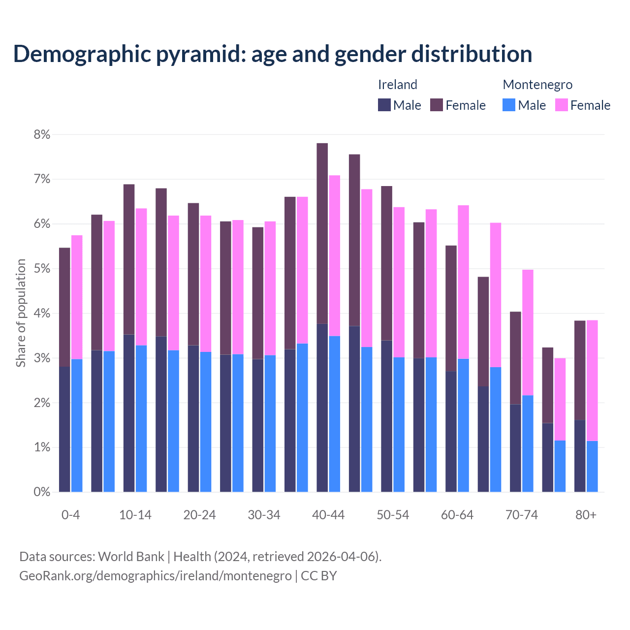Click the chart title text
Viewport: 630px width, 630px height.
click(272, 54)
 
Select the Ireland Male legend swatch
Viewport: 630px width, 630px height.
click(384, 105)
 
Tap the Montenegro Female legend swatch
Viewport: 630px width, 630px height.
click(561, 105)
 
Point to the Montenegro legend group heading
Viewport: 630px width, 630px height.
click(537, 85)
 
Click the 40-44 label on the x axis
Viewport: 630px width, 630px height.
click(328, 515)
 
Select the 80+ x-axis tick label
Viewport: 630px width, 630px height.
click(586, 515)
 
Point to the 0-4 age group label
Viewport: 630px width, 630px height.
click(70, 515)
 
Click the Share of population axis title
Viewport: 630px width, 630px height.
click(21, 313)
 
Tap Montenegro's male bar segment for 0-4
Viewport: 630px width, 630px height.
click(77, 426)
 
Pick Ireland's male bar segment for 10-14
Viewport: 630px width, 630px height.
click(129, 413)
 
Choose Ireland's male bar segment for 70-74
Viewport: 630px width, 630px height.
click(515, 448)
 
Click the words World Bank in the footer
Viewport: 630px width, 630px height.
click(131, 557)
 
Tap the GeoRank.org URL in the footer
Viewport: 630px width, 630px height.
click(156, 576)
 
